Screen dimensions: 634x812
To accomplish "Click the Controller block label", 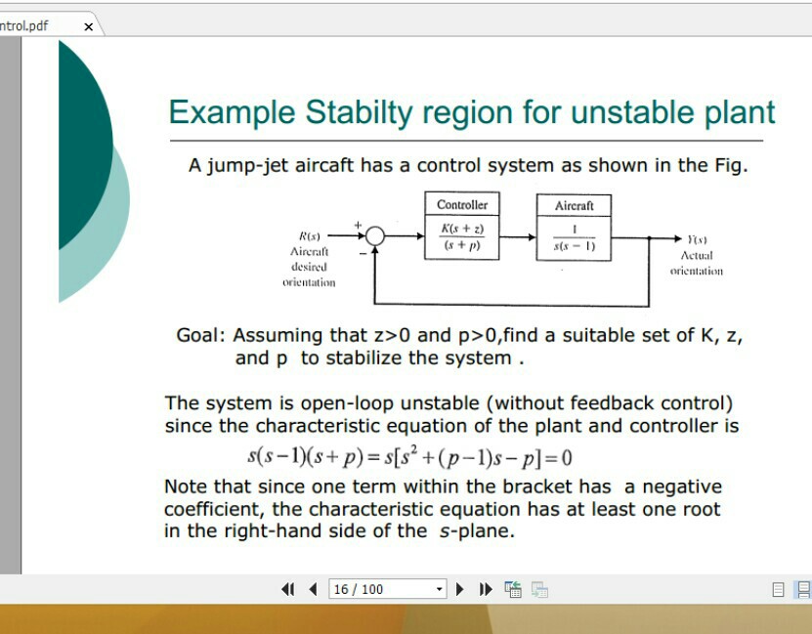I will click(x=462, y=205).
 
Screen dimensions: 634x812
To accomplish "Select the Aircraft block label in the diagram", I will click(x=574, y=205).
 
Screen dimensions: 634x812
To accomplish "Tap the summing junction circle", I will click(x=374, y=237).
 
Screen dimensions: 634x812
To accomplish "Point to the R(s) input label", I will click(x=310, y=236).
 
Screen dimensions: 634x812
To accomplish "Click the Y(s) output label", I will click(x=697, y=239).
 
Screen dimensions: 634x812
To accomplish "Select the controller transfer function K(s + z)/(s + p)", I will click(x=462, y=237).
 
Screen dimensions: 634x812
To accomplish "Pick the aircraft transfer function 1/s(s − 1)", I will click(x=574, y=238).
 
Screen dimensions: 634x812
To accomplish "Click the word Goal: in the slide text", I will click(x=201, y=335).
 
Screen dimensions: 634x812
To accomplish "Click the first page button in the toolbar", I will click(x=288, y=589).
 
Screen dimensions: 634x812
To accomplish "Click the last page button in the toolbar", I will click(x=486, y=589).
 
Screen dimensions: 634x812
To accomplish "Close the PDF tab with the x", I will click(x=88, y=26).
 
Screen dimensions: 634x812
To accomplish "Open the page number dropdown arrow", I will click(x=440, y=589).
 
